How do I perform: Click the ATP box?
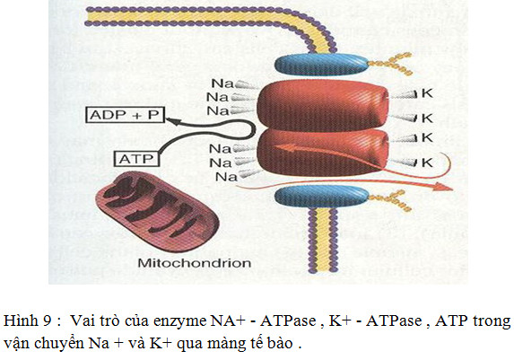coord(136,159)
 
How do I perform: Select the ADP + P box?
coord(125,115)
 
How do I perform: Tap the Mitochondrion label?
coord(195,263)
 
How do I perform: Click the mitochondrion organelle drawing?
coord(157,211)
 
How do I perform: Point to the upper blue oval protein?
coord(321,65)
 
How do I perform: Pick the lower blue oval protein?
coord(321,197)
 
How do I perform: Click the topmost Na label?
coord(222,83)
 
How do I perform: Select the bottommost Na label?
coord(226,177)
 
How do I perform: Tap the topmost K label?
coord(427,93)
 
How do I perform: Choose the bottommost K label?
coord(427,162)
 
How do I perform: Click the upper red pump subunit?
coord(323,105)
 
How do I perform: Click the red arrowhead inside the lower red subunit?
coord(283,148)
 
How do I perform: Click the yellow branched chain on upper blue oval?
coord(389,64)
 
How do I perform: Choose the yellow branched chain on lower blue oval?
coord(390,199)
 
